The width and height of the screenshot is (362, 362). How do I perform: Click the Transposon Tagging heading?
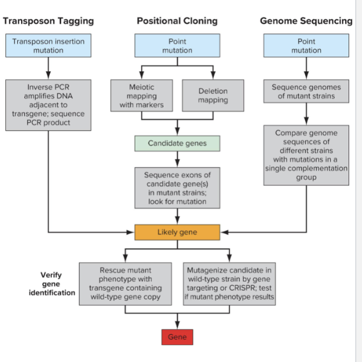tap(48, 21)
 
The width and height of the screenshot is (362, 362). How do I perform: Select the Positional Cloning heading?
tap(177, 21)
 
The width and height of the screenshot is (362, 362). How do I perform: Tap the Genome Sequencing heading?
tap(306, 21)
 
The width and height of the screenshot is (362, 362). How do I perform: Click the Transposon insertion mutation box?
tap(48, 45)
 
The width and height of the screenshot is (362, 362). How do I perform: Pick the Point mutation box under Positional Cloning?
tap(177, 45)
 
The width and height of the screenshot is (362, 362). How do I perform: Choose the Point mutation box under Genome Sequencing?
tap(306, 45)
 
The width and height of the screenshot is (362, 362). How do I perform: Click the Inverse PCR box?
tap(48, 105)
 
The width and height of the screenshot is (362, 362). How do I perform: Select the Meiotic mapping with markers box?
tap(142, 96)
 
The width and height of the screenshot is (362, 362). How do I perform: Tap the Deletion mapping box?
tap(213, 96)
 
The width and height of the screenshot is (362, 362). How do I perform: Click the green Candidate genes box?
tap(177, 143)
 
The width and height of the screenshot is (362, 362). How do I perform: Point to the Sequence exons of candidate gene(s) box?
tap(177, 188)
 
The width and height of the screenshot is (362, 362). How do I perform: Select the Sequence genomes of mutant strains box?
tap(306, 91)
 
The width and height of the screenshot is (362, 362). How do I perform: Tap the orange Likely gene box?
tap(177, 232)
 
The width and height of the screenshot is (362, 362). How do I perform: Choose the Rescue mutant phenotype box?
tap(125, 283)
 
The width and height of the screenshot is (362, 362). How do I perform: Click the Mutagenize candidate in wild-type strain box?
tap(229, 283)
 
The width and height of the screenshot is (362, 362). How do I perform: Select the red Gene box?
tap(177, 337)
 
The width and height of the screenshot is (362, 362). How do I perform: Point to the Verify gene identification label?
tap(51, 284)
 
